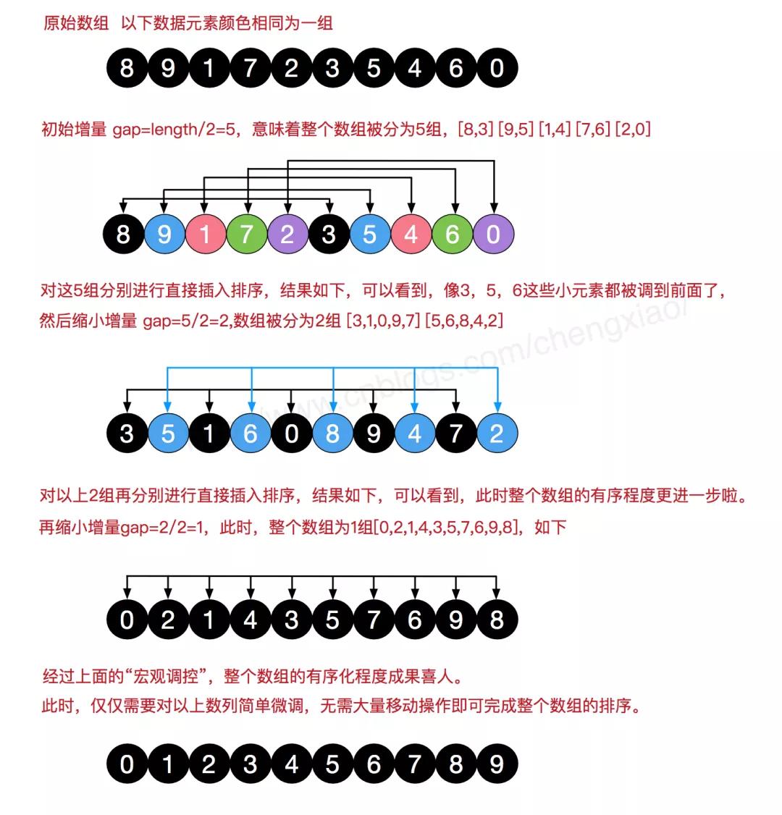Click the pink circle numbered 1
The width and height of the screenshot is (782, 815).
click(x=206, y=235)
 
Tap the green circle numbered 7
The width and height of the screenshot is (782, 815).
click(x=247, y=235)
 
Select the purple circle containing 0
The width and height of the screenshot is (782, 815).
click(x=494, y=235)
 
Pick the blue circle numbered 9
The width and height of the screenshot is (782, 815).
click(x=165, y=235)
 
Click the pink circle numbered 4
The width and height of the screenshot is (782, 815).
click(x=411, y=235)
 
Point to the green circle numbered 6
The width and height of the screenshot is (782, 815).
click(x=453, y=235)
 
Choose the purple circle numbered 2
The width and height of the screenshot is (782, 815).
click(x=288, y=235)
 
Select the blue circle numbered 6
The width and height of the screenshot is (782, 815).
click(x=251, y=434)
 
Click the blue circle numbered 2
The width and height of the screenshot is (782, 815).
click(x=497, y=434)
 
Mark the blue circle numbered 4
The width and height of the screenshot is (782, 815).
click(x=415, y=434)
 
